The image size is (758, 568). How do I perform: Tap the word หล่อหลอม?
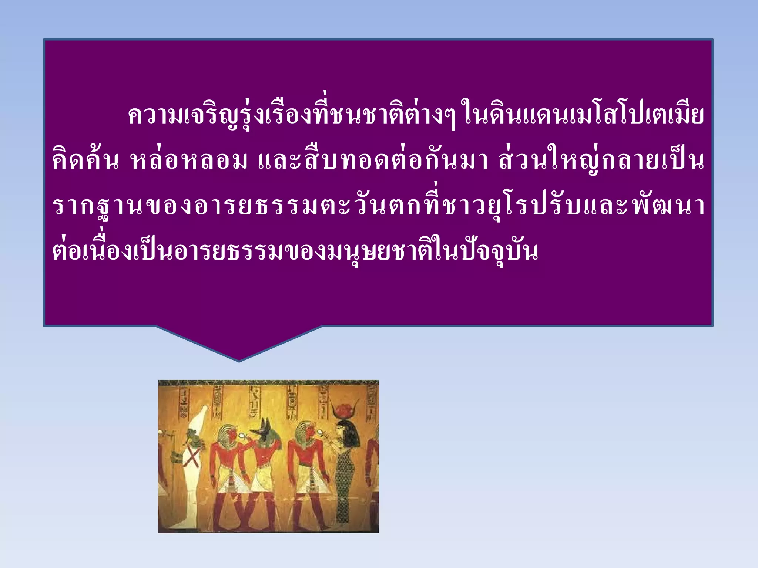pyautogui.click(x=189, y=161)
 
